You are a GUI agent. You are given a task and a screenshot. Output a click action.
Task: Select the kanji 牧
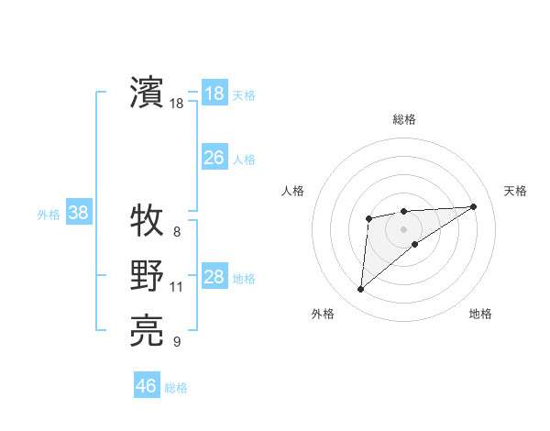point(147,220)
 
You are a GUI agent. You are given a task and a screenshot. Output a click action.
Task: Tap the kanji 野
point(147,276)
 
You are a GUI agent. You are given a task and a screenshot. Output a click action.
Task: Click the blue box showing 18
point(214,94)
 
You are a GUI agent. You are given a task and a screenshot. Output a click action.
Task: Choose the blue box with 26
point(214,158)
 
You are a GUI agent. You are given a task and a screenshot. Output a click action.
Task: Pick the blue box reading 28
point(214,277)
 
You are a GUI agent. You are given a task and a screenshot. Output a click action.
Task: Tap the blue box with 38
point(79,214)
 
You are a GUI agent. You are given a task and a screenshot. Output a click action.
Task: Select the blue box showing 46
point(146,386)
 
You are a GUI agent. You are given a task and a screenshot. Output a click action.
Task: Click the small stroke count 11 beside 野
point(177,287)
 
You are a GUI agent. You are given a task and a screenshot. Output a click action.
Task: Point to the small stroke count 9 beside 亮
point(176,343)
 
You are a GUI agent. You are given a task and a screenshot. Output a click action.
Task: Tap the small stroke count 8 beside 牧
point(176,231)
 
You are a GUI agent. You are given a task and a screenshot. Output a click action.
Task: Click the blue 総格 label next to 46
point(176,388)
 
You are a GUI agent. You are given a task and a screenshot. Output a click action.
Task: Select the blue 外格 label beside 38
point(49,215)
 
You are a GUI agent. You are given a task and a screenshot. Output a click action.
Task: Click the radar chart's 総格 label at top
point(403,119)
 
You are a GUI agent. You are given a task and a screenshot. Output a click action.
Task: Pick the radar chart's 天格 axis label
point(515,191)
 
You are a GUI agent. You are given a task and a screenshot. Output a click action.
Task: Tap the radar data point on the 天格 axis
point(473,206)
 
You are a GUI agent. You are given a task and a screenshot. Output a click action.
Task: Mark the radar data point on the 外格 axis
point(360,290)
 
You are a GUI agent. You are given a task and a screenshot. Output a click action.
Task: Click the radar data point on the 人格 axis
point(368,217)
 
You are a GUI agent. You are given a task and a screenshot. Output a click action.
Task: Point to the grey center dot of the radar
point(403,228)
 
